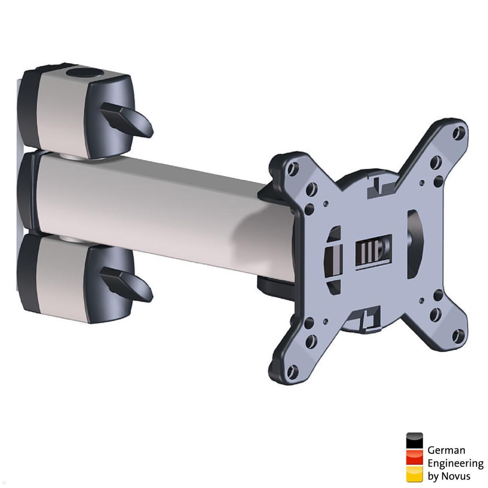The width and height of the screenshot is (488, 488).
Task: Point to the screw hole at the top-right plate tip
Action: pos(460,132)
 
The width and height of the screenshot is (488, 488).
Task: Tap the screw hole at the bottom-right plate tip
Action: pos(460,336)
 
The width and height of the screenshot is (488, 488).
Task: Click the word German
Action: pos(446,451)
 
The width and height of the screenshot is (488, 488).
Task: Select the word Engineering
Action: pos(455,463)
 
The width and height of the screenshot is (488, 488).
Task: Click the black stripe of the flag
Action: pos(414,441)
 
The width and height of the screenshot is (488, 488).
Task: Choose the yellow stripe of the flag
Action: pos(414,474)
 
